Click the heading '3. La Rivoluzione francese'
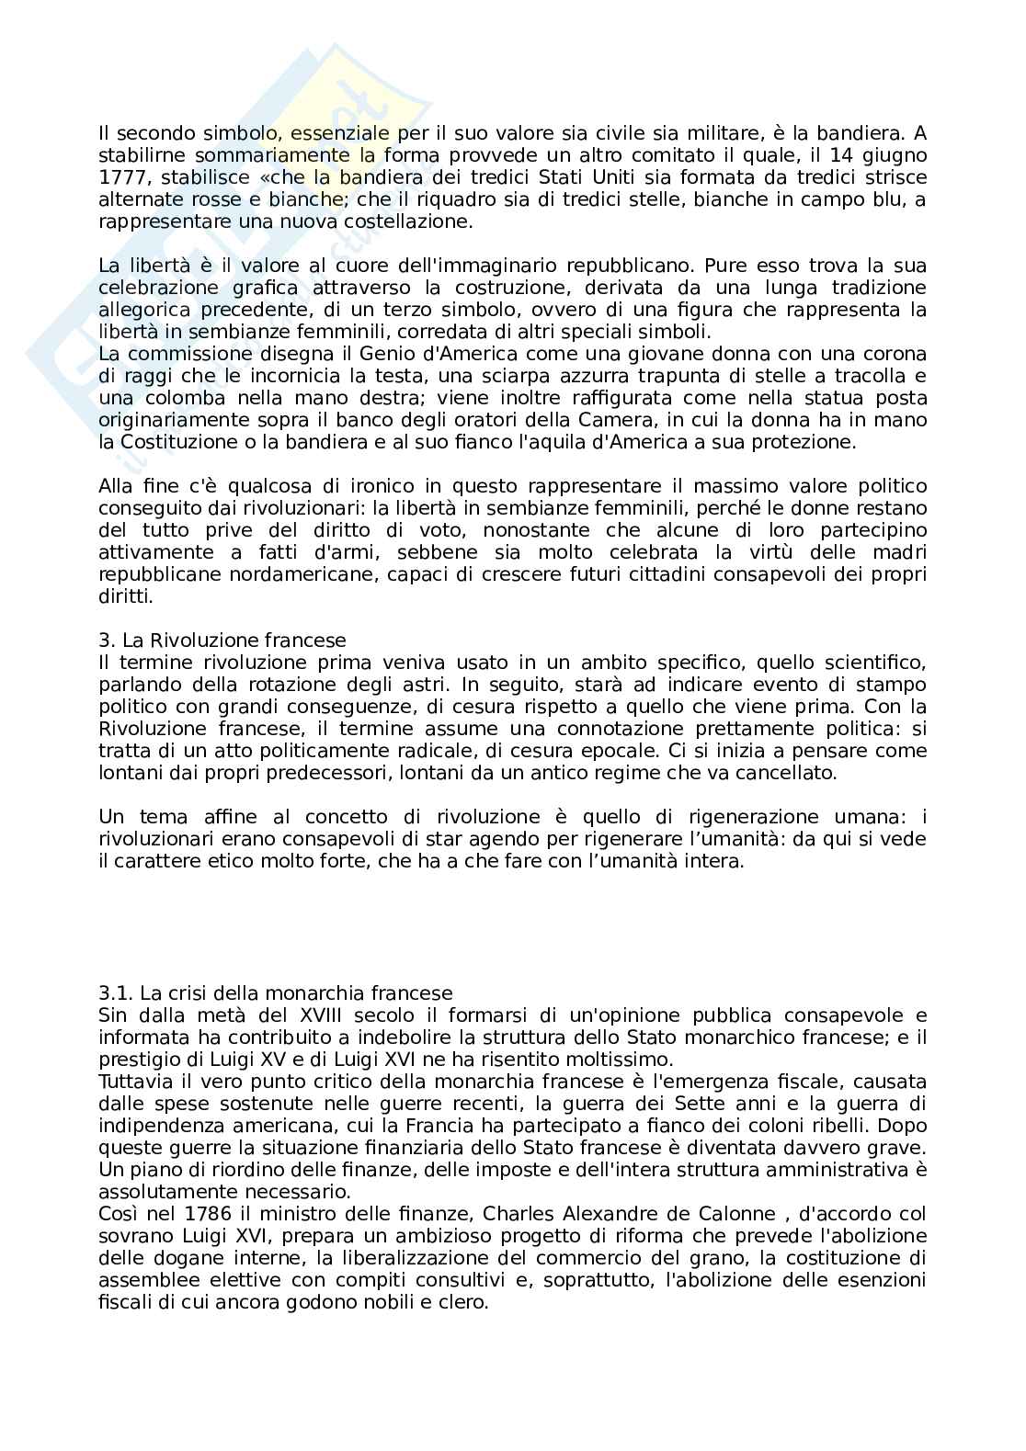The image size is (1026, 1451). (222, 640)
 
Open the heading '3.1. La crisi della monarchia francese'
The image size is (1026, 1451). (275, 993)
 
